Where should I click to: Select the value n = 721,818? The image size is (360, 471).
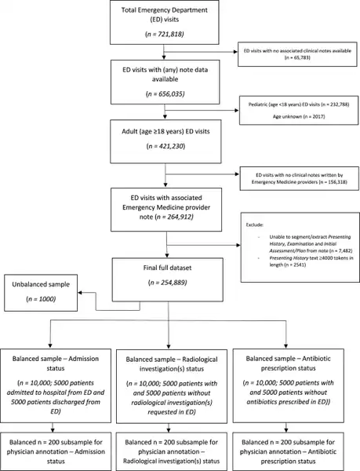click(x=163, y=36)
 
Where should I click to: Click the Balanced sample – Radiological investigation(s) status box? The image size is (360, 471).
click(x=176, y=387)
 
